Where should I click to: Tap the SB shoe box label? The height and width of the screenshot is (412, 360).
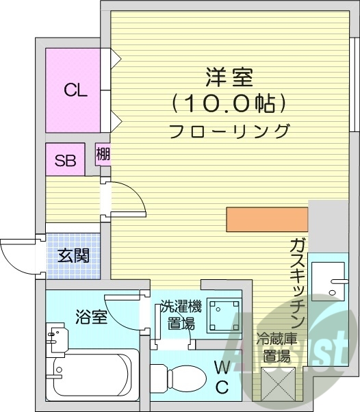click(x=65, y=162)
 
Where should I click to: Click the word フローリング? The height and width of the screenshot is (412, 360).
click(x=229, y=130)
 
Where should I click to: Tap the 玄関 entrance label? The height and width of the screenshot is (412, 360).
click(x=73, y=256)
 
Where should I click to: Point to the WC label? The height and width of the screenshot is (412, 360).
click(x=222, y=376)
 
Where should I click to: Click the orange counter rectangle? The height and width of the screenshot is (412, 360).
click(x=266, y=220)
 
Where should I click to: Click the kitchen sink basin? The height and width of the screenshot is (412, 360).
click(x=331, y=281)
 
